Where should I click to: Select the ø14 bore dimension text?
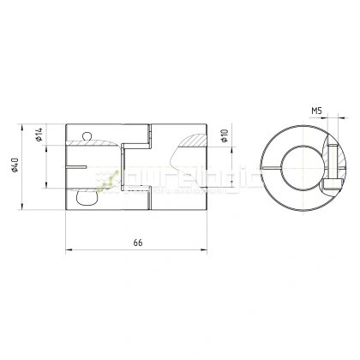tap(39, 135)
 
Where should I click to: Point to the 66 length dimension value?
tap(137, 243)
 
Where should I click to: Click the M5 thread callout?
tap(316, 111)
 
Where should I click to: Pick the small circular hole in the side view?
tap(85, 135)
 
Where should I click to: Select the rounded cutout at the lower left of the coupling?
tap(86, 198)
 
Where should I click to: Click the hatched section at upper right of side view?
tap(193, 135)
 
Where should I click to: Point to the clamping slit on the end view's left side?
tap(273, 165)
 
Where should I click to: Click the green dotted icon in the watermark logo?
tap(108, 177)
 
